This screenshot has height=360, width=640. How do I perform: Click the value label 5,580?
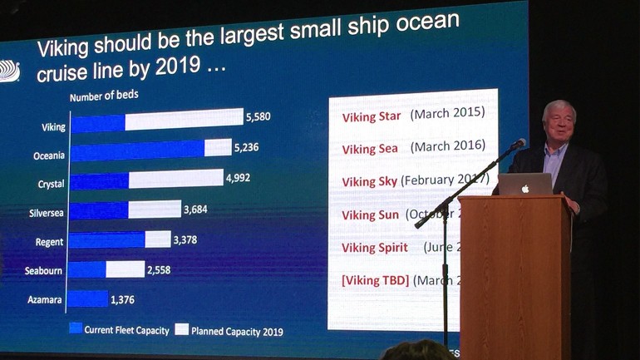click(258, 117)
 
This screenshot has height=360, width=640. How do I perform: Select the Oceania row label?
click(49, 155)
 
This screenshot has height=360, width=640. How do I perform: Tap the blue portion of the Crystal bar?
click(100, 181)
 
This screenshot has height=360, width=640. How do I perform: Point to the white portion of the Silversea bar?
click(155, 209)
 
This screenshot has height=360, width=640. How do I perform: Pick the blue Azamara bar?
click(88, 298)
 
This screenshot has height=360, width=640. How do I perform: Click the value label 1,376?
click(122, 298)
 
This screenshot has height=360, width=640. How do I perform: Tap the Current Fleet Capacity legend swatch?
click(76, 329)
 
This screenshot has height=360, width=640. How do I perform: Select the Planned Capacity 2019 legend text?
click(237, 331)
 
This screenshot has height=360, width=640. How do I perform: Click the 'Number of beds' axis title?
click(104, 96)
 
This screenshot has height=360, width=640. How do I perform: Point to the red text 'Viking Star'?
click(372, 116)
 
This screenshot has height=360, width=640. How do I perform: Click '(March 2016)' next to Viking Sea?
click(447, 147)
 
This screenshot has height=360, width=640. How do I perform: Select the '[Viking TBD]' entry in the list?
click(376, 279)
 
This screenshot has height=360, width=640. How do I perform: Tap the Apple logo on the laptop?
click(525, 189)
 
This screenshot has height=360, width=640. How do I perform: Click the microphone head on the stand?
click(519, 144)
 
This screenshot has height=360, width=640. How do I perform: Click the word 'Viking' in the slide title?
click(64, 49)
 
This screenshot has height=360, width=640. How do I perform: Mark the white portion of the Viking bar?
click(184, 120)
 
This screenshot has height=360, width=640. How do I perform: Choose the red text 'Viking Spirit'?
click(375, 248)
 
